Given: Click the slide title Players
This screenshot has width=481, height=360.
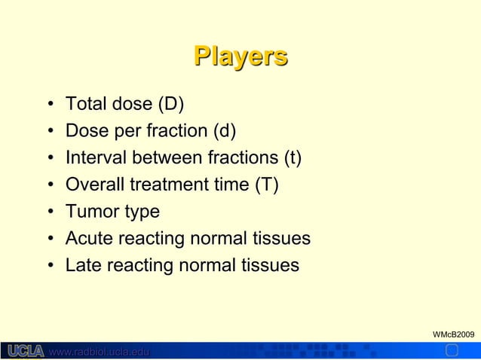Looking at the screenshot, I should [x=240, y=56].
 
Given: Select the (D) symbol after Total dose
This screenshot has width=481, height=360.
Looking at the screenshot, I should [x=171, y=103].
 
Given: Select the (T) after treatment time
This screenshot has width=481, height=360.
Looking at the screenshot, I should [x=267, y=185].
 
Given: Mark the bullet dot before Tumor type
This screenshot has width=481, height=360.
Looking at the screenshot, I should [x=49, y=212].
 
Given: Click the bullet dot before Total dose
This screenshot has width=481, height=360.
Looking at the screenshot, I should [x=49, y=104].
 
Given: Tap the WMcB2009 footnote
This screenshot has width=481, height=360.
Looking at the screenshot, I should [x=452, y=333].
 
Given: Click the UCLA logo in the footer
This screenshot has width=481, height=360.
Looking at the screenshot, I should [x=25, y=351].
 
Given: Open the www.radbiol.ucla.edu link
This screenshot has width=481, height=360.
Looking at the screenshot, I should [x=99, y=352].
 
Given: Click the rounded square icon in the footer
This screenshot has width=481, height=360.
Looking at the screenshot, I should [x=452, y=350].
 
